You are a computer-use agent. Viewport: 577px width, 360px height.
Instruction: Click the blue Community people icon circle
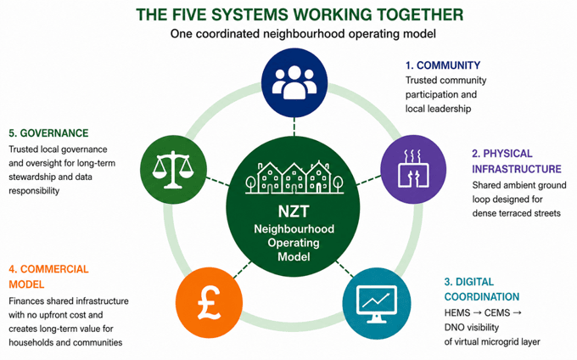[x=294, y=82]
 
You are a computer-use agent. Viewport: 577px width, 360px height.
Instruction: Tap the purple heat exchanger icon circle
[x=413, y=169]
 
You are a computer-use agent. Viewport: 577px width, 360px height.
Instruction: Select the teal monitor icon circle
[x=377, y=303]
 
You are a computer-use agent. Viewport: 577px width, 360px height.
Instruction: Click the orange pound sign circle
[x=209, y=302]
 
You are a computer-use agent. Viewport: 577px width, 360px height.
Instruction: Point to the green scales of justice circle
[x=173, y=169]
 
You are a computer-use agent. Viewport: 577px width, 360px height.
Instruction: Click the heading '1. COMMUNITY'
[x=443, y=65]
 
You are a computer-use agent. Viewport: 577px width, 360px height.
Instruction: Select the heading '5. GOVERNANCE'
[x=48, y=133]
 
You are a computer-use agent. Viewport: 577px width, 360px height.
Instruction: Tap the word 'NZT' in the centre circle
[x=294, y=211]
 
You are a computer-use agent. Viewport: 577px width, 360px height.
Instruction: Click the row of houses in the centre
[x=294, y=177]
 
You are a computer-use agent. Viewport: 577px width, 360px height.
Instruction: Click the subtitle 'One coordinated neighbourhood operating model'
[x=303, y=34]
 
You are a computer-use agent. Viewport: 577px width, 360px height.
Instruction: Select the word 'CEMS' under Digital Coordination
[x=497, y=313]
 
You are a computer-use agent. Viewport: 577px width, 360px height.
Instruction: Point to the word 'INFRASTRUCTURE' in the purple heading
[x=517, y=169]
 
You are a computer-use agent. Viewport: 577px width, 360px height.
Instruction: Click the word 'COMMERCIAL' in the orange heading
[x=54, y=269]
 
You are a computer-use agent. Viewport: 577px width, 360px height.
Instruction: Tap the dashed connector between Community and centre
[x=294, y=127]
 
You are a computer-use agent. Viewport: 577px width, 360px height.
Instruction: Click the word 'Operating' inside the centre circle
[x=294, y=244]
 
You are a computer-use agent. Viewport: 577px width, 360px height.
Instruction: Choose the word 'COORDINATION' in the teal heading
[x=482, y=296]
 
